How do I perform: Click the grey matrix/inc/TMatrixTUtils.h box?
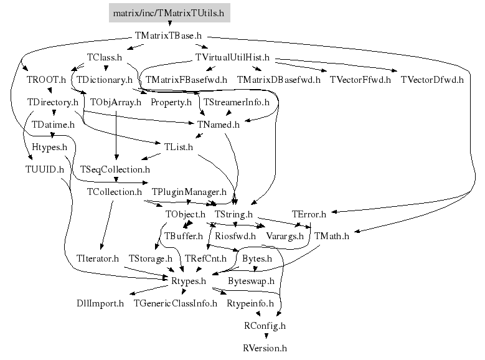click(x=169, y=12)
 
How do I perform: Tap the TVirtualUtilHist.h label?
click(x=232, y=57)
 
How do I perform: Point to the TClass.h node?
click(x=104, y=57)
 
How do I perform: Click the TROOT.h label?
click(x=46, y=80)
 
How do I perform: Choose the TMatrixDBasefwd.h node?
click(x=278, y=80)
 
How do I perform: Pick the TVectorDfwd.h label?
click(x=432, y=80)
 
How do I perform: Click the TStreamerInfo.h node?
click(x=236, y=102)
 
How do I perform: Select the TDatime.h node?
click(x=53, y=124)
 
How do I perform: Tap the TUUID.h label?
click(x=40, y=169)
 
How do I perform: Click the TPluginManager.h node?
click(x=189, y=191)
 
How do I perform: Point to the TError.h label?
click(x=308, y=214)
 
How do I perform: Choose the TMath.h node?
click(x=332, y=236)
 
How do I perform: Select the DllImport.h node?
click(x=100, y=303)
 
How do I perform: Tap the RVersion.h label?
click(x=265, y=348)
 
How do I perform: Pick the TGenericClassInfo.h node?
click(x=175, y=303)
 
